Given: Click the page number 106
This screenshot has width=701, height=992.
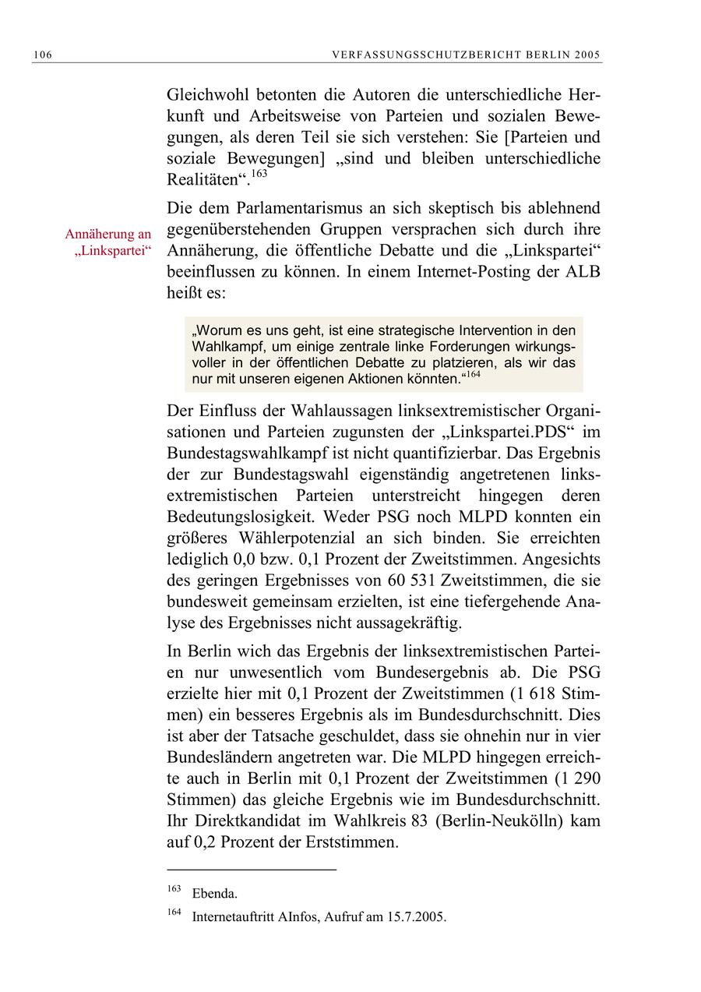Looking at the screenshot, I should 42,55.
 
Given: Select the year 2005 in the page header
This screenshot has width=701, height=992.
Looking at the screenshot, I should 589,55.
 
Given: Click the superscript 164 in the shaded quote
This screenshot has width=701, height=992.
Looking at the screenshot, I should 474,375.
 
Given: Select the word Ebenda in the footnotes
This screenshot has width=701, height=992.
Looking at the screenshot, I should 214,894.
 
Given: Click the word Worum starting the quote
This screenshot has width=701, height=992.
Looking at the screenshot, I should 220,330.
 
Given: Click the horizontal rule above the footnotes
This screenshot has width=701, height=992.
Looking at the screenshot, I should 252,868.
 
